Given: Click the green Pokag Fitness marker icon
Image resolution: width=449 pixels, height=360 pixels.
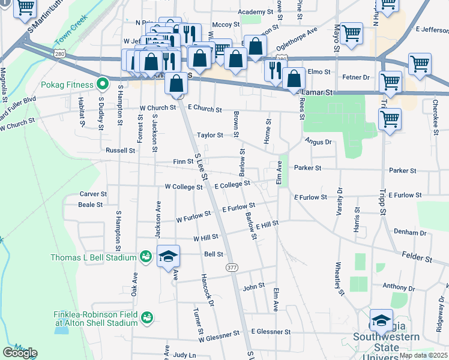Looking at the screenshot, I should pyautogui.click(x=103, y=84).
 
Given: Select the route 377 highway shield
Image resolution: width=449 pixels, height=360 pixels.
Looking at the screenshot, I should pyautogui.click(x=231, y=267).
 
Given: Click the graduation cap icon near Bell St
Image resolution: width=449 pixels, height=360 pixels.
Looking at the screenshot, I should pyautogui.click(x=169, y=257).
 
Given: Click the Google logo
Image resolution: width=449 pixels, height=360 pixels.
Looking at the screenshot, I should pyautogui.click(x=19, y=353).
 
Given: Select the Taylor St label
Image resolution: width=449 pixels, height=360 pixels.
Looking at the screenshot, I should pyautogui.click(x=211, y=136).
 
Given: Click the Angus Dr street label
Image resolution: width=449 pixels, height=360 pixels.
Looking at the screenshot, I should pyautogui.click(x=318, y=142).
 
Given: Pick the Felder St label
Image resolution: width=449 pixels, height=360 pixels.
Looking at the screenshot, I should pyautogui.click(x=417, y=259).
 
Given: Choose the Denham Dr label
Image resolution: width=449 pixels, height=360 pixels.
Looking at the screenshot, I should pyautogui.click(x=409, y=232).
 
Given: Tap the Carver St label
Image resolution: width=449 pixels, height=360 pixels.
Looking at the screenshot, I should pyautogui.click(x=93, y=194).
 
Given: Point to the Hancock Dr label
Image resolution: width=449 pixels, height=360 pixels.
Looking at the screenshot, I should pyautogui.click(x=208, y=287).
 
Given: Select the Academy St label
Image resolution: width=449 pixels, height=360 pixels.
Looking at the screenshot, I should pyautogui.click(x=255, y=12).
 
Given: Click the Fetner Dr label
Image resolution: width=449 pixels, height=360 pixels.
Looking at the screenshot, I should pyautogui.click(x=357, y=77).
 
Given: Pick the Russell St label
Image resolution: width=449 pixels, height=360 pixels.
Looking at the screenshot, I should pyautogui.click(x=121, y=150).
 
